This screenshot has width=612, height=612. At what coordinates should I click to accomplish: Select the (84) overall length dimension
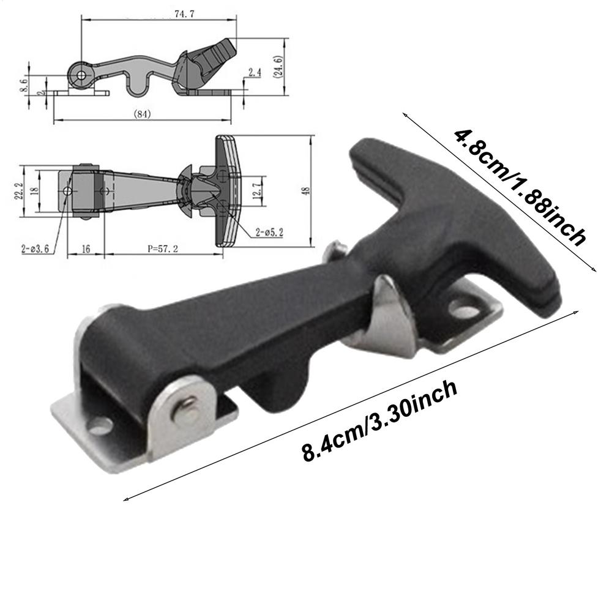click(141, 114)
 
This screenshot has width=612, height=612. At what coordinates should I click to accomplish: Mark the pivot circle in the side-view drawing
click(81, 74)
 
